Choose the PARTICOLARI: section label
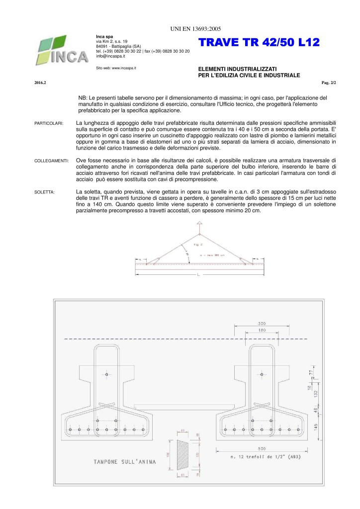(49, 123)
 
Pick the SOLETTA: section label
(45, 191)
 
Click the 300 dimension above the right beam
(262, 322)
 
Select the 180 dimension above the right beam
(262, 329)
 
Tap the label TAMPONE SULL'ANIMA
(124, 462)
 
